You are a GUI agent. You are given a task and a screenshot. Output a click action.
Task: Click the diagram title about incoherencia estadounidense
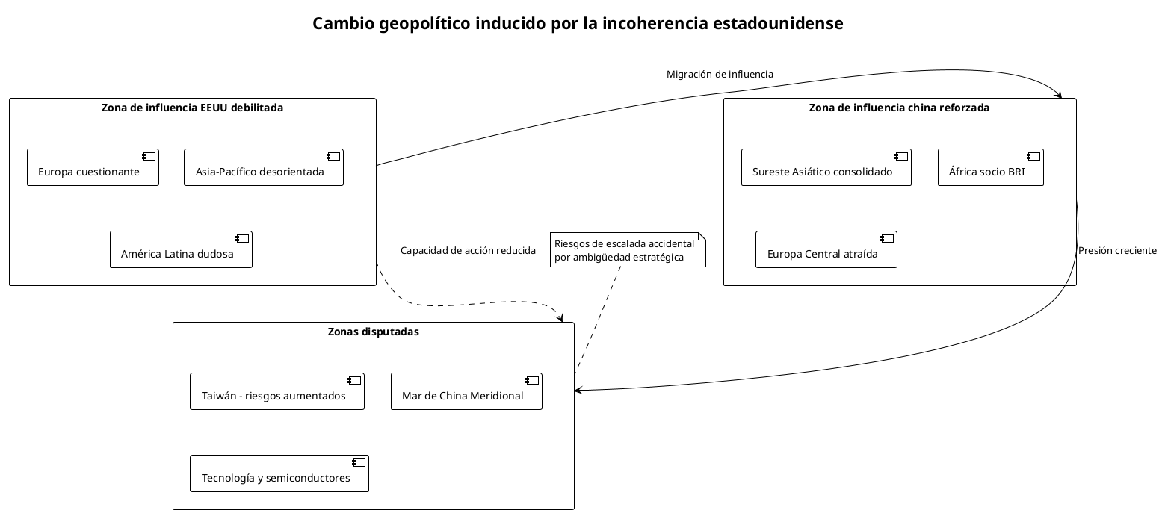tap(578, 24)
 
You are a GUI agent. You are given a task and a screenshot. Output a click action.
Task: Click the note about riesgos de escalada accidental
tap(628, 251)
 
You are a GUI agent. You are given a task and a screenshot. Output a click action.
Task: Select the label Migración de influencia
tap(719, 75)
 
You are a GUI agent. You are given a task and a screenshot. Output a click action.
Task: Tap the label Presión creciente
tap(1116, 251)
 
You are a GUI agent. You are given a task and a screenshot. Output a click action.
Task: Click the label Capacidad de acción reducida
tap(468, 251)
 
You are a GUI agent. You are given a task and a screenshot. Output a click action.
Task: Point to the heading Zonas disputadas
tap(373, 332)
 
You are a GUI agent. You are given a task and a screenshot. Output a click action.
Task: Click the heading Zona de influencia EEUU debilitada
tap(192, 108)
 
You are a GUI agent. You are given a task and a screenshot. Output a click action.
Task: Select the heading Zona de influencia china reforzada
tap(899, 108)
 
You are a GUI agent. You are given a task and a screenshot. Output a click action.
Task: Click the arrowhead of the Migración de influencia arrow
tap(1059, 94)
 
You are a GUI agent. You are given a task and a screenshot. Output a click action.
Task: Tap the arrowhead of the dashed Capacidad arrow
tap(560, 318)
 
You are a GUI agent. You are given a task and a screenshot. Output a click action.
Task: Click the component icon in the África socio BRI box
tap(1033, 157)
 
